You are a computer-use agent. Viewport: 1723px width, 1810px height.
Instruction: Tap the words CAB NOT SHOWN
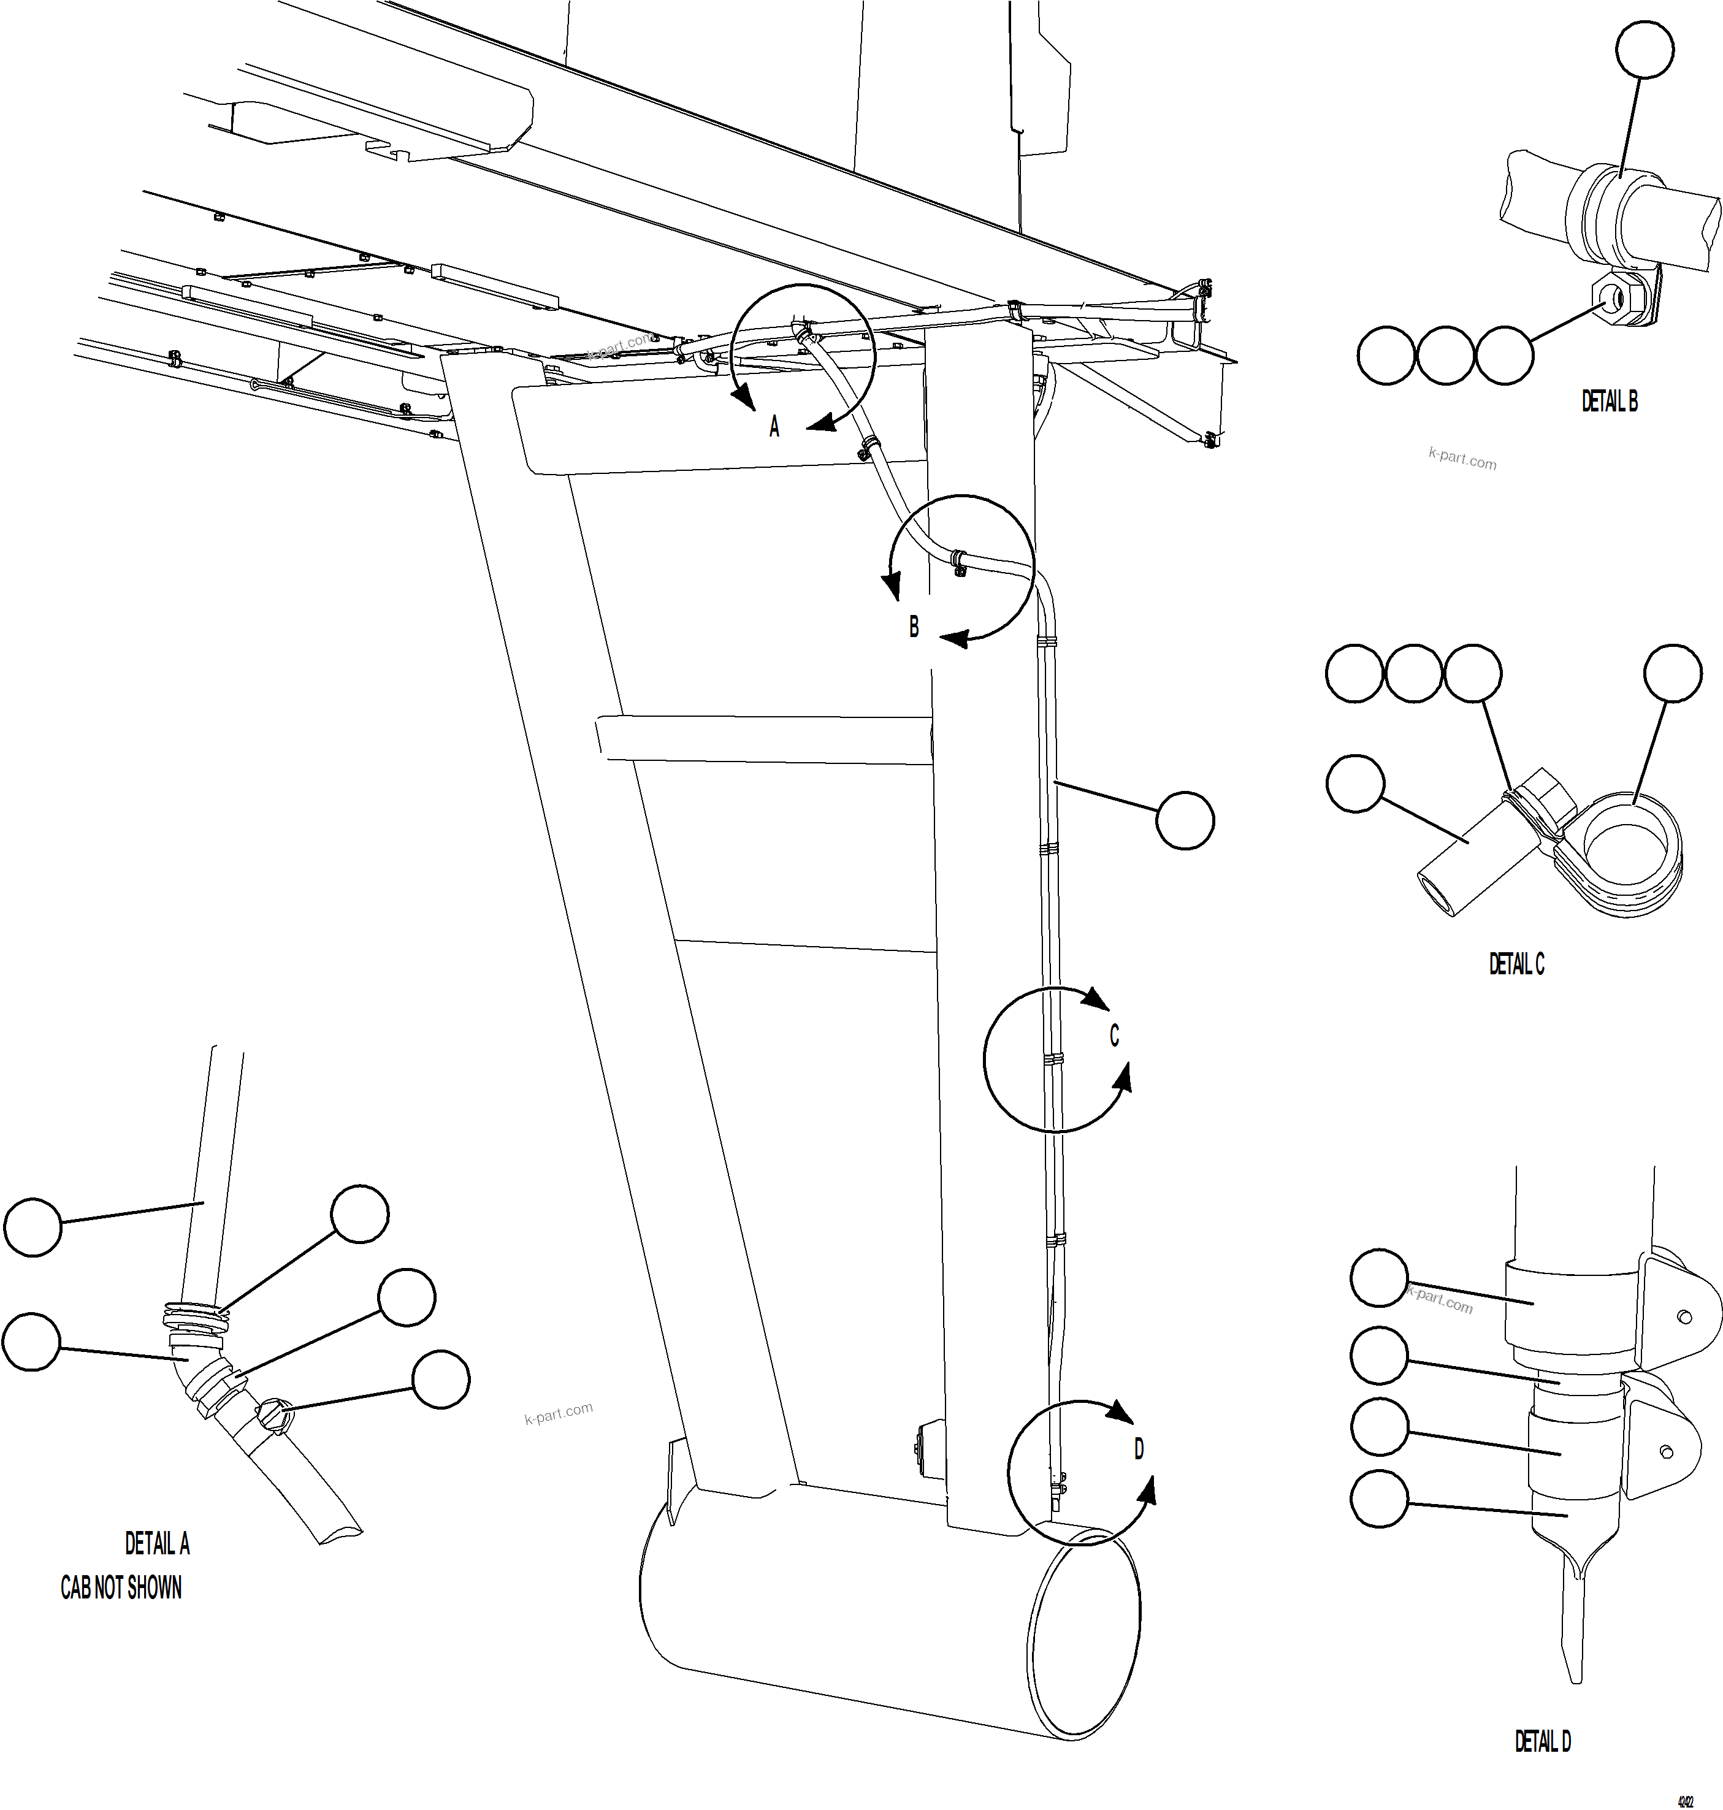(121, 1588)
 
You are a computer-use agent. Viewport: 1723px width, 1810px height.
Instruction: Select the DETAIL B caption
(1609, 402)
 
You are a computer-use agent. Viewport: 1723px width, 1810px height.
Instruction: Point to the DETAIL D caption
(1542, 1740)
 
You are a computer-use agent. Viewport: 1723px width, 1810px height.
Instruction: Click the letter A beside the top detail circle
(774, 427)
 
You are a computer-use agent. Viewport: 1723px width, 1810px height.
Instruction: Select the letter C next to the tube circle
(1114, 1036)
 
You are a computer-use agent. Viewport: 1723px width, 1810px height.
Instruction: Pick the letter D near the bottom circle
(1139, 1449)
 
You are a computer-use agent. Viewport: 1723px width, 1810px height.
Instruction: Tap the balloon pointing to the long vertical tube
(1184, 820)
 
